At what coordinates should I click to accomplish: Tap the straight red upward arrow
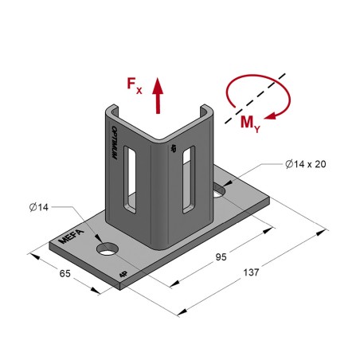157,94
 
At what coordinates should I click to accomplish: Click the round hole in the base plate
107,251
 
